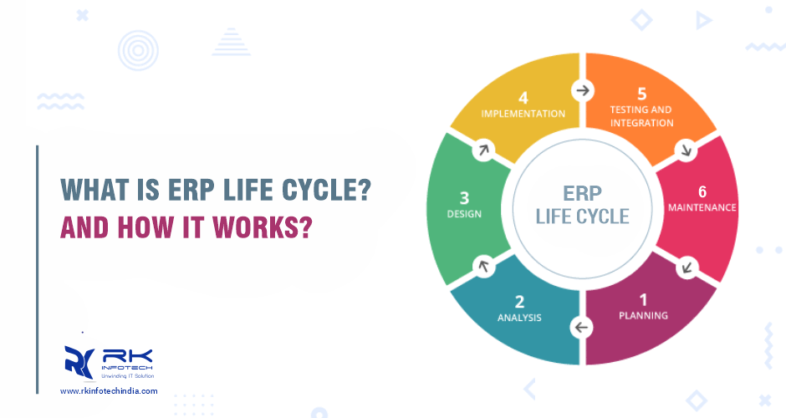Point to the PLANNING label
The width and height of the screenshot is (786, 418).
pos(643,316)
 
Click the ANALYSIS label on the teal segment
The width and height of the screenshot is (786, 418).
pos(519,318)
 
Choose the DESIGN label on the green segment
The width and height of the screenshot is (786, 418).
pos(464,214)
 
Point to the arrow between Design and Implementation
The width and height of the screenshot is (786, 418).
pos(482,150)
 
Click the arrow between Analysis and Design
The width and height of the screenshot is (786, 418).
pos(482,266)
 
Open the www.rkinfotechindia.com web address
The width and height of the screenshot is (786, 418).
pos(109,391)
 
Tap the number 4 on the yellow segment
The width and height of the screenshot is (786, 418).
pos(523,97)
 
